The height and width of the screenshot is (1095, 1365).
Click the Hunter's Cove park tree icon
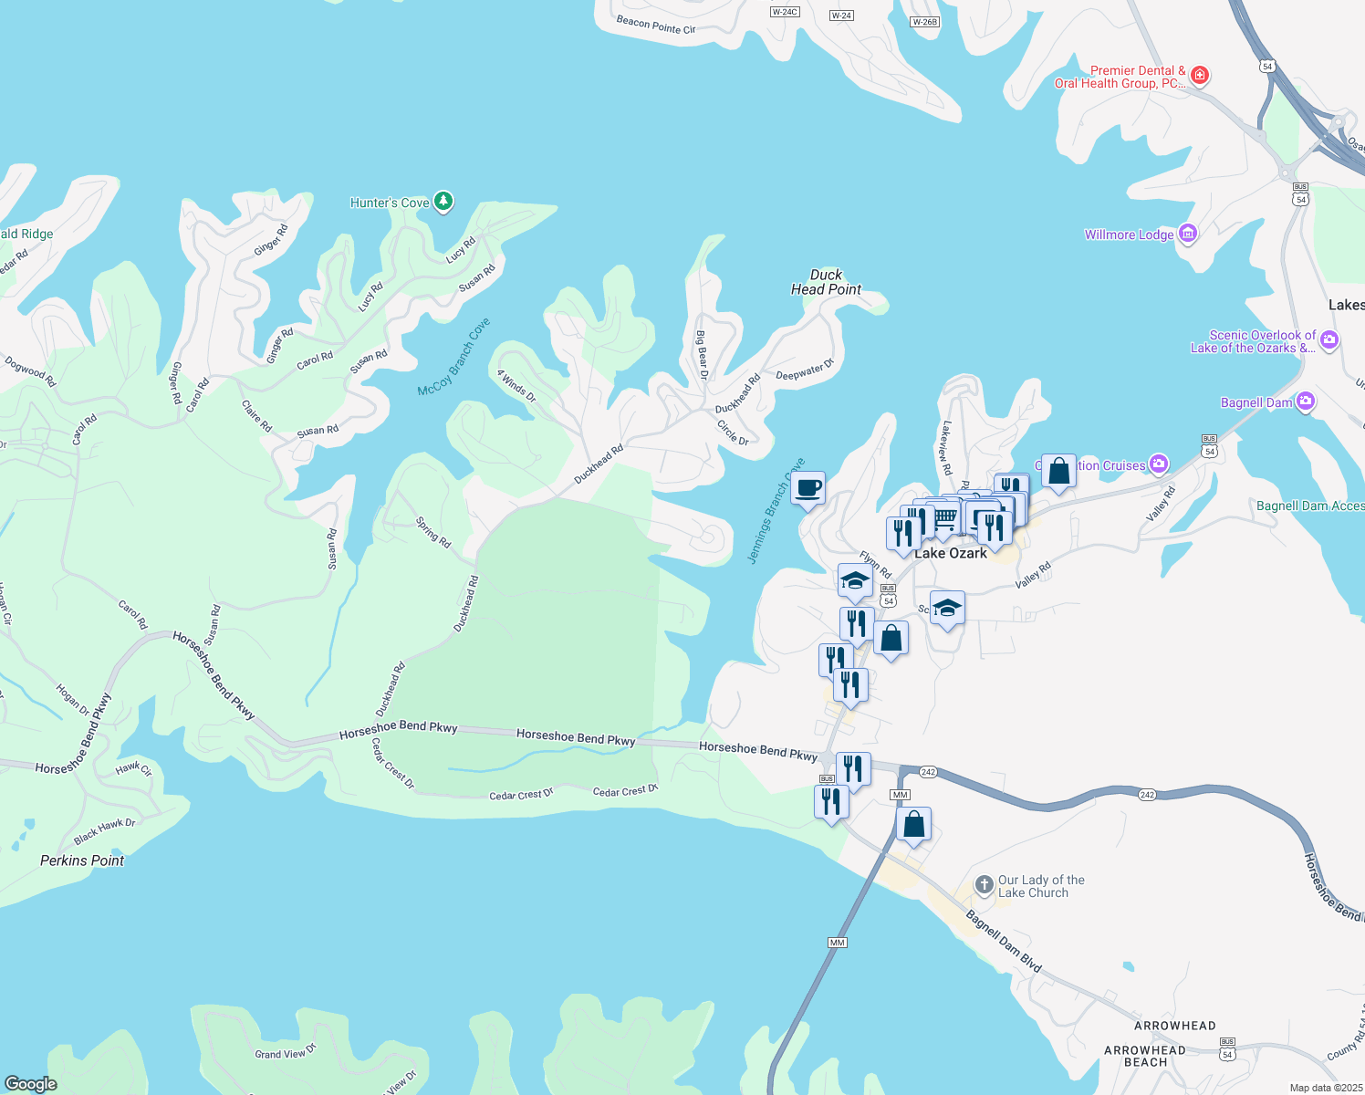(x=443, y=202)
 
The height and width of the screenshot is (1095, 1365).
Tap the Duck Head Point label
(x=826, y=282)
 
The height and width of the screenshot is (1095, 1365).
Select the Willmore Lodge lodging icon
(x=1187, y=235)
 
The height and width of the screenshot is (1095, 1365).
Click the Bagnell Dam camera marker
(x=1306, y=401)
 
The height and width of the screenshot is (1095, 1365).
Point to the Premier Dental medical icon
(x=1200, y=76)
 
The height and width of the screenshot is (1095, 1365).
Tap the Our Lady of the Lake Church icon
(x=984, y=884)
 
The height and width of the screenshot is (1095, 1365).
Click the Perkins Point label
(x=82, y=860)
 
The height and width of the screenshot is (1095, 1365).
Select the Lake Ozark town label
(x=951, y=554)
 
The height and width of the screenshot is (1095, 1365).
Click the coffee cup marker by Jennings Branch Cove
(x=808, y=489)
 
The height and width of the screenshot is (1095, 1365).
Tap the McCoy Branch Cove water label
(x=453, y=358)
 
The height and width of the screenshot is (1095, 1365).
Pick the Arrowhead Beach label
(x=1145, y=1056)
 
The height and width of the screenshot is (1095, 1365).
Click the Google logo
(x=31, y=1083)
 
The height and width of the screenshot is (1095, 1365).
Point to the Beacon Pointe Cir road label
(x=655, y=25)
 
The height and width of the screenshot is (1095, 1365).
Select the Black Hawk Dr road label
(x=104, y=830)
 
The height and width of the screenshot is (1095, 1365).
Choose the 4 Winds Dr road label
(x=516, y=386)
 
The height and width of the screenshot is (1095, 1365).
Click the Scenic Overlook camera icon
(x=1329, y=340)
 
